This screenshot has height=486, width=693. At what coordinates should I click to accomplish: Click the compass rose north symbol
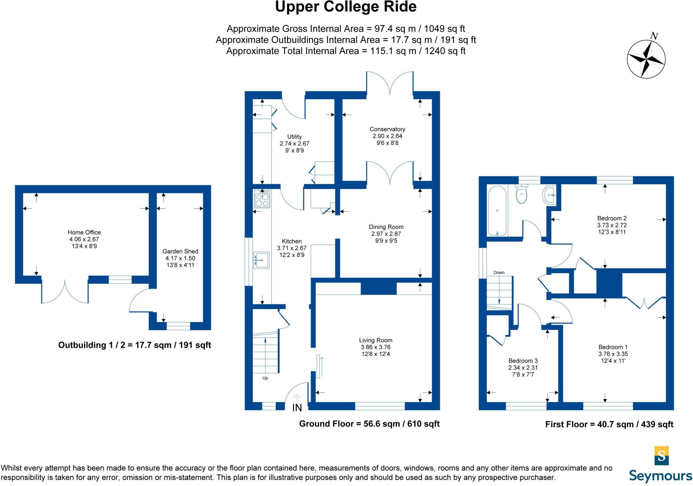(646, 59)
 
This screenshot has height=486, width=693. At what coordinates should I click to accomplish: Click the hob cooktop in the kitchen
(262, 199)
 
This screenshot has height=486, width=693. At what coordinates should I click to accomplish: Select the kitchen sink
(261, 260)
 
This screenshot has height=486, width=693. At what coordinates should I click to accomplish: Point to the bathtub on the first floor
(497, 212)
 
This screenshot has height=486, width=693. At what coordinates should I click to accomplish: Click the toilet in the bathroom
(521, 194)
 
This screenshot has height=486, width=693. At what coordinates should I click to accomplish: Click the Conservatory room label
(387, 129)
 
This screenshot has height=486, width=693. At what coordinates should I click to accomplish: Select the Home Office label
(84, 232)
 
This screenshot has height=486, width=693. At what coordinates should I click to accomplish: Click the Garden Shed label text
(180, 251)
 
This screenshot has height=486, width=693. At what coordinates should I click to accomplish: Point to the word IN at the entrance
(297, 408)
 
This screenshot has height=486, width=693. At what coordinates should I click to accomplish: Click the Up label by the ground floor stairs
(265, 378)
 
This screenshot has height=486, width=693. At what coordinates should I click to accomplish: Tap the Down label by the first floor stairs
(499, 272)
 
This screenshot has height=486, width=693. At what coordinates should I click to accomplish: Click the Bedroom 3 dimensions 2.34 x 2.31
(523, 367)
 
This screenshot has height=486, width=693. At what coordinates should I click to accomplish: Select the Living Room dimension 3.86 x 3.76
(376, 347)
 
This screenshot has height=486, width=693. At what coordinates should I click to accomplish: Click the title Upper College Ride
(345, 7)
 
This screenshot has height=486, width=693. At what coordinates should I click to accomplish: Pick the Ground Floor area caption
(369, 424)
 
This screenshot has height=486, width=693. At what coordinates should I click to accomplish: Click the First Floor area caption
(609, 424)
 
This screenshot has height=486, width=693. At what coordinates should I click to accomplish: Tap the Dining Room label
(386, 227)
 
